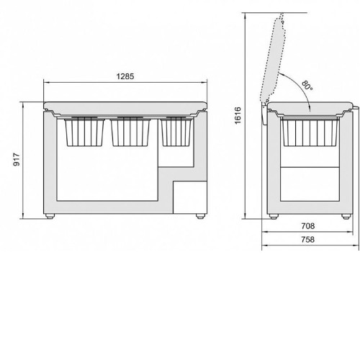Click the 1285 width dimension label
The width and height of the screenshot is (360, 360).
125,76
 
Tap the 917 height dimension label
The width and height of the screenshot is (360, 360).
17,160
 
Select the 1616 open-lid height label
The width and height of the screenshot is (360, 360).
238,116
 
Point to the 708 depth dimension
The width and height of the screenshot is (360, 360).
307,226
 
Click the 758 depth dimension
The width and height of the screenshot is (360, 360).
307,239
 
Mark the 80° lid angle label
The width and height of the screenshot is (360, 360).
307,86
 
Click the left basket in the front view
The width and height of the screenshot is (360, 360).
84,132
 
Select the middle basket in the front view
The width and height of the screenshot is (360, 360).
130,132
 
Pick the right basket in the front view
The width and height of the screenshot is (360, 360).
177,132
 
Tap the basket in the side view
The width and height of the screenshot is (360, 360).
310,132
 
